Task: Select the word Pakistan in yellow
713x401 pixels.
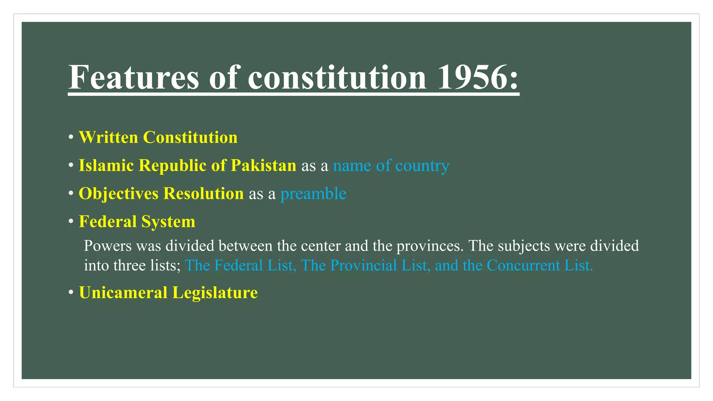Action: coord(263,165)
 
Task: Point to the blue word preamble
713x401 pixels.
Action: coord(313,194)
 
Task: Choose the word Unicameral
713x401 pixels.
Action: coord(123,292)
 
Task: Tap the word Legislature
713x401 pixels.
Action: coord(215,292)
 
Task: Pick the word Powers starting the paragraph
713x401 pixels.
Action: coord(108,246)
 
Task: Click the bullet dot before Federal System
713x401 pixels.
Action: coord(71,221)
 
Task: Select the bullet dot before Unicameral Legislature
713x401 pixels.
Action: coord(71,292)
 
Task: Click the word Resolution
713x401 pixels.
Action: coord(203,194)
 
